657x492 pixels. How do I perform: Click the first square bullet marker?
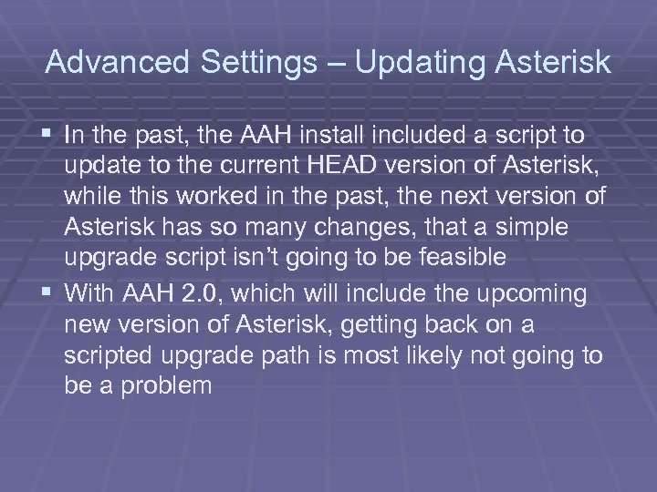[x=47, y=136]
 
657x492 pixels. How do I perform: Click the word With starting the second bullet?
[x=89, y=294]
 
